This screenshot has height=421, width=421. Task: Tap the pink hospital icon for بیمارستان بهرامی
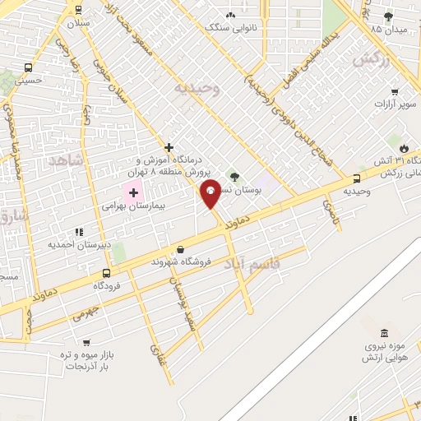(133, 192)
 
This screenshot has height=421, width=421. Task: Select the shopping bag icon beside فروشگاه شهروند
(180, 250)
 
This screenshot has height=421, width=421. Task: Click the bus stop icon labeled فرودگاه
(106, 273)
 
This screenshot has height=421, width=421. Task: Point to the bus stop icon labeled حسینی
(29, 68)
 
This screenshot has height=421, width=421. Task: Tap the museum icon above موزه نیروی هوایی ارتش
(384, 333)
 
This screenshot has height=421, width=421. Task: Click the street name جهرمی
(85, 312)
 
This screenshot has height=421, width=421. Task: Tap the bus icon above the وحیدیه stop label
(357, 178)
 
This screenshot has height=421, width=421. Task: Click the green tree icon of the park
(234, 177)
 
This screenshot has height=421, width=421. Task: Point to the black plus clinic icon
(169, 147)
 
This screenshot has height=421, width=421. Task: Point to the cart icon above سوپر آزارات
(395, 91)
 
